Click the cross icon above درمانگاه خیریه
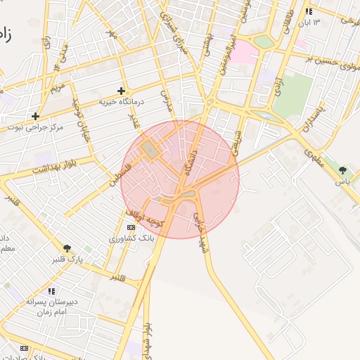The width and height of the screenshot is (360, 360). click(122, 91)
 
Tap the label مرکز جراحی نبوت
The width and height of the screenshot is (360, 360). click(36, 127)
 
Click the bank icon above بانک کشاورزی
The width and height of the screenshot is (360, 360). click(131, 228)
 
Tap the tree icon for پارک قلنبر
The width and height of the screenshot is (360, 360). click(67, 248)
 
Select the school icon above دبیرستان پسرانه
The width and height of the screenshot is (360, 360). click(51, 290)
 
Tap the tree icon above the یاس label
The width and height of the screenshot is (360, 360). click(342, 170)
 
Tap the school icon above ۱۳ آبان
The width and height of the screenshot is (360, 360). click(309, 11)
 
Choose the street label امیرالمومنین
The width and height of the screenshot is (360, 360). click(226, 52)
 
